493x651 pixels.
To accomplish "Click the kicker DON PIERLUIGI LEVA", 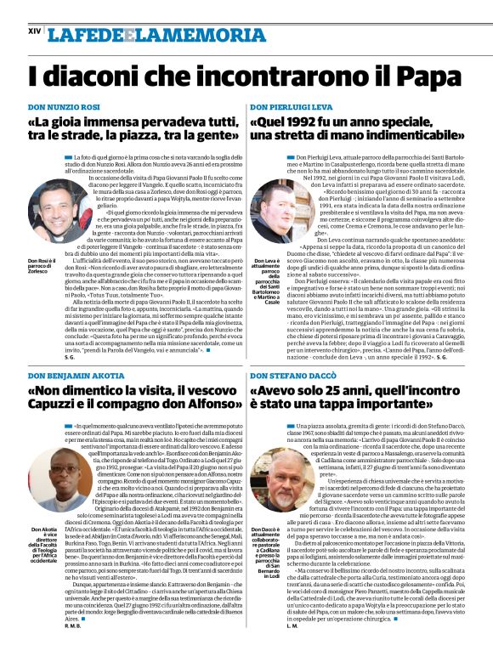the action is [291, 108].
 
